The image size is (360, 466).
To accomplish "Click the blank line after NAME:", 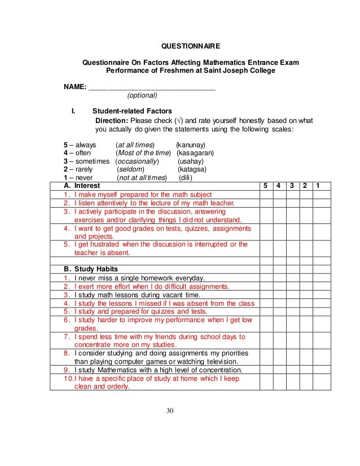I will [152, 87].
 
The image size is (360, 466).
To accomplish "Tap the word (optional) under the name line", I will [142, 95].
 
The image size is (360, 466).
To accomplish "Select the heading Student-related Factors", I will [132, 111].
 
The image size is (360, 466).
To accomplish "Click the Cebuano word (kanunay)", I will [191, 145].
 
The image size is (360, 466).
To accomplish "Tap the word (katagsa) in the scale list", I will [192, 169].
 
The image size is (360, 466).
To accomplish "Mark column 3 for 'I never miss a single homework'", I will [292, 278].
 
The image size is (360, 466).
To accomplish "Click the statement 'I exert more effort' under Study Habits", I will [152, 286].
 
